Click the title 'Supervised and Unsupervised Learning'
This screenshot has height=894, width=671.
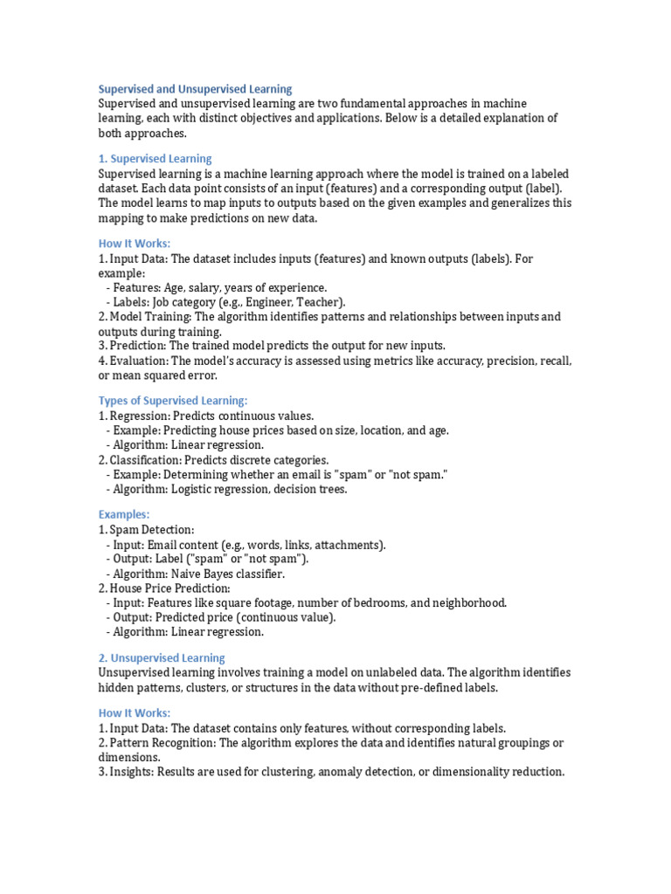click(195, 89)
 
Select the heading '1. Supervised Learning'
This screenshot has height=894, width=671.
click(155, 159)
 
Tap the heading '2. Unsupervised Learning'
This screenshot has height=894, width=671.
click(162, 658)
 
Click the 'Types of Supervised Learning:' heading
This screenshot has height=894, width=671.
click(173, 401)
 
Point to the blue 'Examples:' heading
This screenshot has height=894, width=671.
click(124, 515)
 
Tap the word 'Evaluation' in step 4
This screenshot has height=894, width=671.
click(137, 361)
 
